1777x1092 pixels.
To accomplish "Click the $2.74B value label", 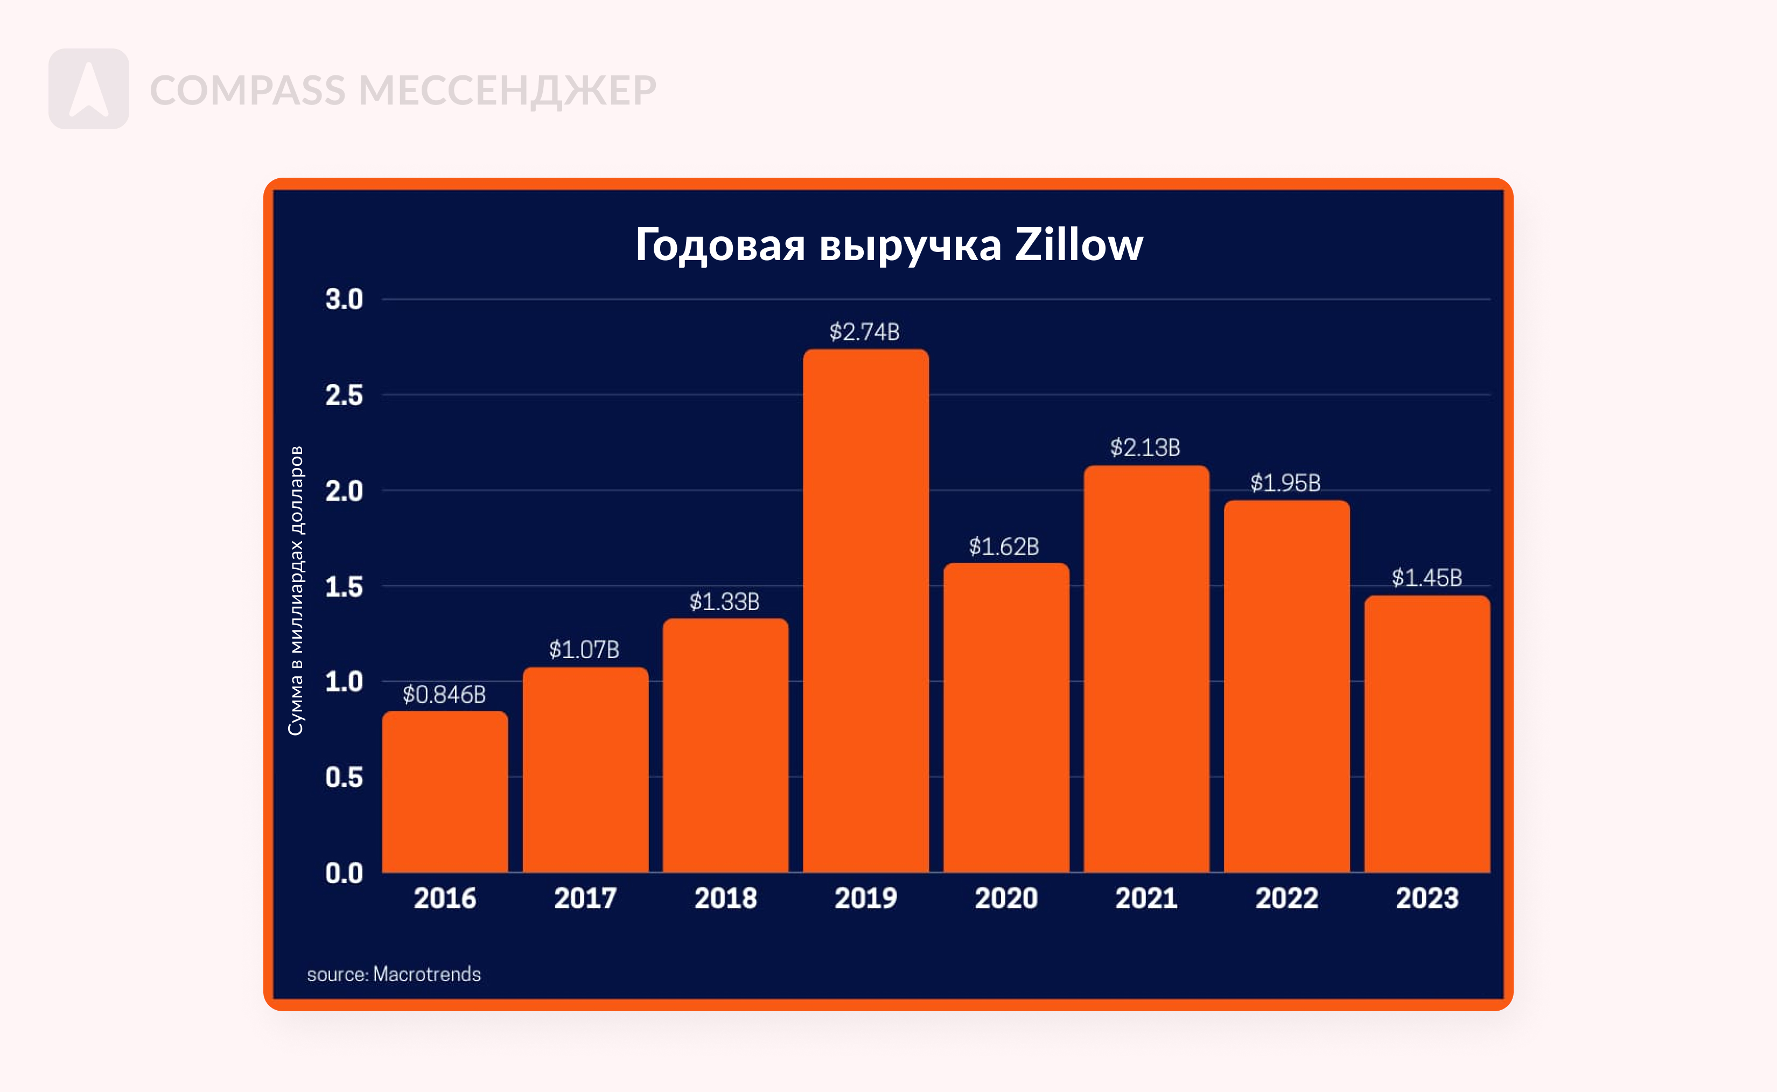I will (864, 332).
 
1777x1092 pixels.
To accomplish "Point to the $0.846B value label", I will (444, 695).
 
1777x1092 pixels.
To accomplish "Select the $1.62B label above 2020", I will (1004, 547).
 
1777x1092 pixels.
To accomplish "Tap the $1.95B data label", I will (1285, 482).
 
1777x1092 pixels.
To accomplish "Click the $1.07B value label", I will (583, 649).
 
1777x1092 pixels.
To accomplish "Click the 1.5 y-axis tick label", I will (344, 586).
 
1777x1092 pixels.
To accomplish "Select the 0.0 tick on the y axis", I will (344, 873).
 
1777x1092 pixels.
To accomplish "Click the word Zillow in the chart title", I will (1079, 244).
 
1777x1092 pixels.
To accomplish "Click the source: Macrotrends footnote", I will (394, 974).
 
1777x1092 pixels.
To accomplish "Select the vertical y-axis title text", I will (296, 590).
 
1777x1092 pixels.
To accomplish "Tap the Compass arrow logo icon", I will (89, 89).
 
